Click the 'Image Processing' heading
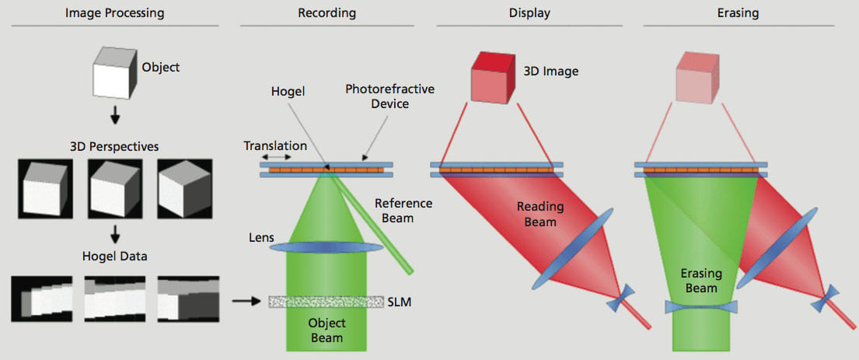click(114, 13)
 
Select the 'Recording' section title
click(326, 13)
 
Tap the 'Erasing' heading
click(739, 13)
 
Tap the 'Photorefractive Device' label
click(389, 96)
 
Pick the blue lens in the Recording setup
click(327, 247)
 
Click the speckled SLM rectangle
click(327, 301)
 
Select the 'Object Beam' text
click(326, 330)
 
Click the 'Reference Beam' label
click(403, 210)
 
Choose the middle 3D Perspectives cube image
click(115, 190)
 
